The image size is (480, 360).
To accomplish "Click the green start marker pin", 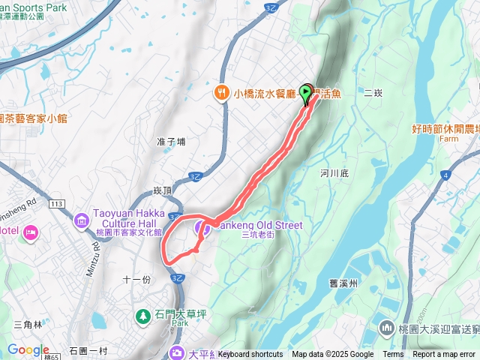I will (x=307, y=93).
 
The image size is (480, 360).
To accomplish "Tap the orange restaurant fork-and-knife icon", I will (x=220, y=93).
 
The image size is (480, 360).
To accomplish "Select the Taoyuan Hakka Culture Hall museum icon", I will (x=81, y=221).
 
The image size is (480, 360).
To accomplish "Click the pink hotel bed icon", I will (x=30, y=232).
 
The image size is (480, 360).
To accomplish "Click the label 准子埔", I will (x=171, y=141).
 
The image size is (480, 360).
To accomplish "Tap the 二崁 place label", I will (x=373, y=93).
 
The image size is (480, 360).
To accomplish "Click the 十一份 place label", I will (x=136, y=279).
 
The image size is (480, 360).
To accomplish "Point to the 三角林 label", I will (x=28, y=324).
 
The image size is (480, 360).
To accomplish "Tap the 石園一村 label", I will (x=88, y=350).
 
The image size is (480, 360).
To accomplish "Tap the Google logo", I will (x=28, y=349).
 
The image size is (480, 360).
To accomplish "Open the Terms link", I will (x=393, y=355).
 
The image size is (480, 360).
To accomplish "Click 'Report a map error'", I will (x=444, y=355).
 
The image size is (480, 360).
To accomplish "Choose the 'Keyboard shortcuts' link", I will (x=250, y=355).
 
